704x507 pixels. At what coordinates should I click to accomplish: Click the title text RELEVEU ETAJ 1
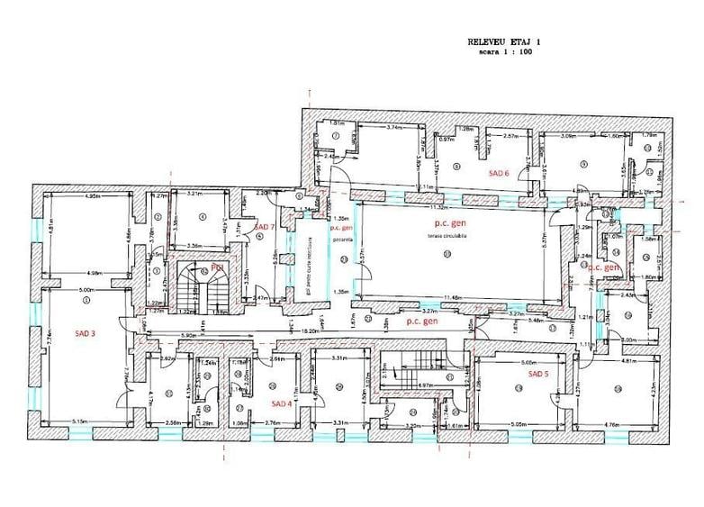click(x=505, y=41)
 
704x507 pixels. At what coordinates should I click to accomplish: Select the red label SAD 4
click(x=282, y=404)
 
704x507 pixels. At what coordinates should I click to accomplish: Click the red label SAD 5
click(x=537, y=373)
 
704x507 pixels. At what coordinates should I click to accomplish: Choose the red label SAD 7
click(x=265, y=226)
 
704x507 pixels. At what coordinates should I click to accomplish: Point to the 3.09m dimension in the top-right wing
click(x=568, y=136)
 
